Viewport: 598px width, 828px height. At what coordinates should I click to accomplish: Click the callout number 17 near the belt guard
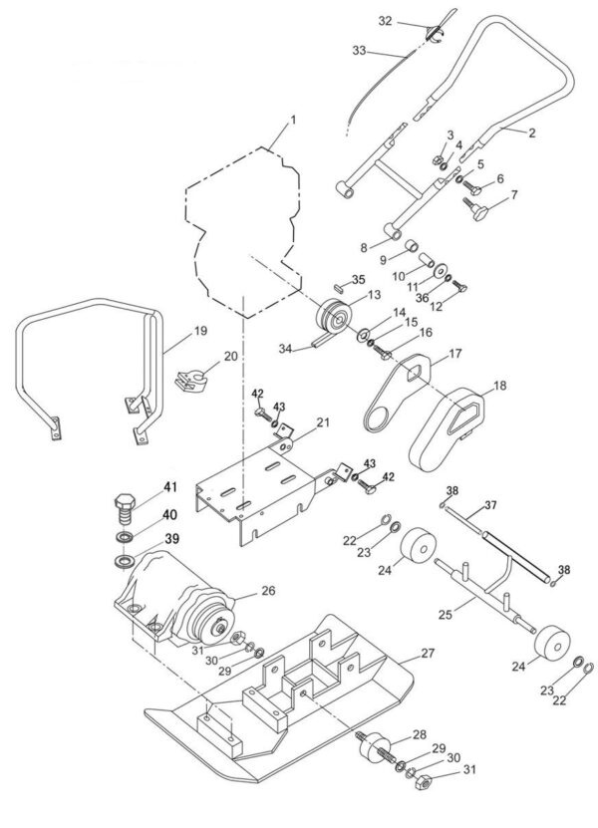click(x=454, y=354)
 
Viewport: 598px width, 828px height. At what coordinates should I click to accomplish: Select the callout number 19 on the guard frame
click(x=199, y=330)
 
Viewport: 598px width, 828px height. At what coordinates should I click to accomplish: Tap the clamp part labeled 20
click(x=193, y=379)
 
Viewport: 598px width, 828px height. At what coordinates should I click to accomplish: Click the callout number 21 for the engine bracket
click(x=322, y=421)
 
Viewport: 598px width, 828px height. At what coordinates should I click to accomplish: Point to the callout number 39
click(x=144, y=539)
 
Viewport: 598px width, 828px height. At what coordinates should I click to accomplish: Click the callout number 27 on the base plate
click(x=428, y=654)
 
